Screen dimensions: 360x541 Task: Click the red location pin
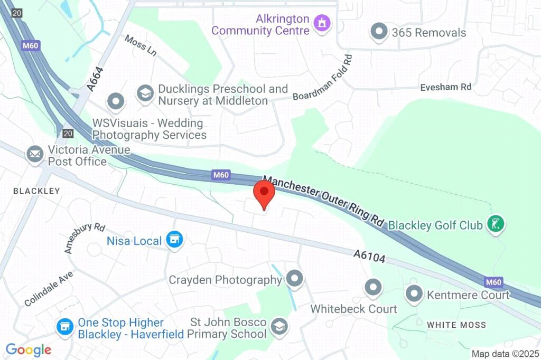(x=265, y=194)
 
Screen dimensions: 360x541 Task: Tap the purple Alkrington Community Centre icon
(x=322, y=23)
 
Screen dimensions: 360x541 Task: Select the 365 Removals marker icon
(x=379, y=32)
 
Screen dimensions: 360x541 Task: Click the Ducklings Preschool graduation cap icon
(x=144, y=94)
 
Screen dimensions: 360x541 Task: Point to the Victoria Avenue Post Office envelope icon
(x=35, y=155)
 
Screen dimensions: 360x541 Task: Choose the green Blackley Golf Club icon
(x=496, y=224)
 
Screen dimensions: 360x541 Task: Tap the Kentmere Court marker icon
(x=414, y=293)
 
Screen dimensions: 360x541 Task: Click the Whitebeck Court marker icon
(x=374, y=287)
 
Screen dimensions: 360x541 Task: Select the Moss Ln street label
(x=141, y=46)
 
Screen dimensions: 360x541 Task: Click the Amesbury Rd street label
(x=85, y=237)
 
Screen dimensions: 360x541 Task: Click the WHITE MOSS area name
(x=456, y=325)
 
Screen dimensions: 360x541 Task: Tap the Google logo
(x=29, y=349)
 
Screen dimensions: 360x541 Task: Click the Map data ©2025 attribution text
(x=505, y=354)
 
